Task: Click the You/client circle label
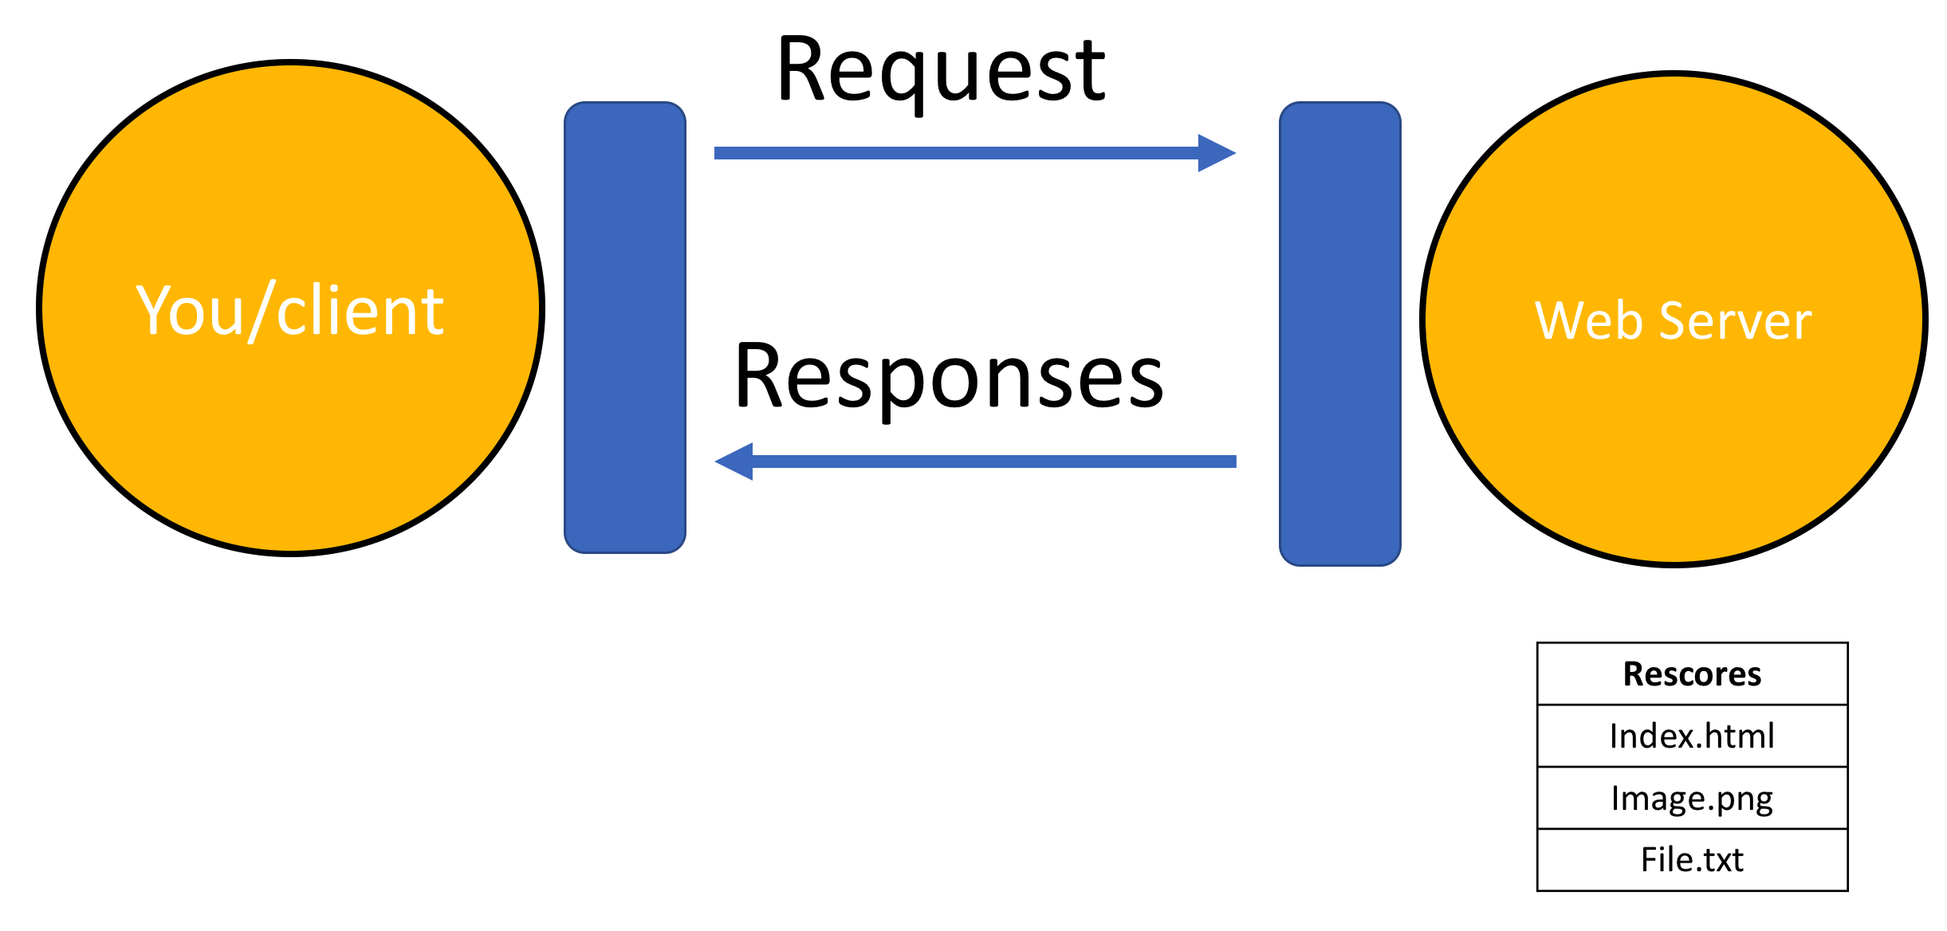click(x=289, y=311)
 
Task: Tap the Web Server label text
click(x=1674, y=320)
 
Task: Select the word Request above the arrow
click(x=942, y=72)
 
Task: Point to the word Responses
click(x=950, y=377)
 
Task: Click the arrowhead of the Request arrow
click(x=1217, y=153)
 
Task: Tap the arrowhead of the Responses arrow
click(x=734, y=462)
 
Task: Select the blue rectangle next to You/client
click(x=625, y=328)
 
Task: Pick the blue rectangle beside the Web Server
click(x=1340, y=334)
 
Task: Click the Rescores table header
click(x=1693, y=674)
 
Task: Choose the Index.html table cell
click(x=1693, y=736)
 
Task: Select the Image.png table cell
click(x=1693, y=798)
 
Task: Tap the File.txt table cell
click(x=1693, y=860)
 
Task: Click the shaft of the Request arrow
click(x=957, y=153)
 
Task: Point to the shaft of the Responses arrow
click(x=994, y=462)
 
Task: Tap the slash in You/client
click(x=262, y=311)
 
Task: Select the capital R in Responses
click(x=761, y=375)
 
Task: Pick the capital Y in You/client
click(x=155, y=309)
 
